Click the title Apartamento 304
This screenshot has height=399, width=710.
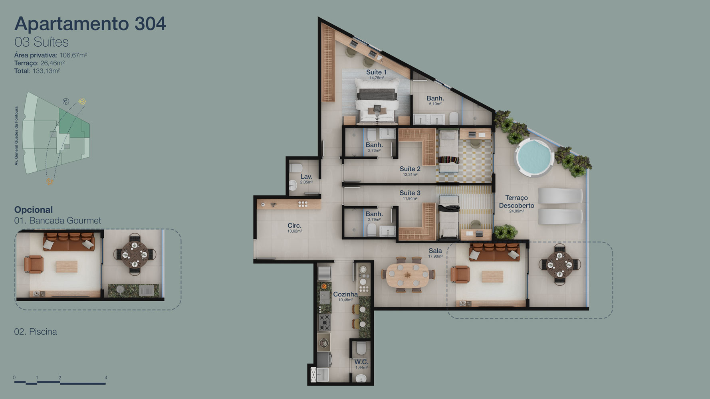tap(90, 24)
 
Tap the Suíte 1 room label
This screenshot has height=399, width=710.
tap(376, 72)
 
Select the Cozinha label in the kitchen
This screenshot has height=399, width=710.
tap(345, 294)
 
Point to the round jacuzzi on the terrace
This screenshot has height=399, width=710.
tap(533, 158)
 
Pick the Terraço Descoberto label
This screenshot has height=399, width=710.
tap(516, 201)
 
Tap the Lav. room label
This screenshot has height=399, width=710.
tap(306, 176)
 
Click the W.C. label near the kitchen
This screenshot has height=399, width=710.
tap(361, 362)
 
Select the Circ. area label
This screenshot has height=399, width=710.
tap(295, 225)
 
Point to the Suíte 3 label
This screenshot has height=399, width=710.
tap(410, 193)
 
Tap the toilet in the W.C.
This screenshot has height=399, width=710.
tap(361, 349)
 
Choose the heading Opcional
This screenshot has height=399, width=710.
tap(34, 209)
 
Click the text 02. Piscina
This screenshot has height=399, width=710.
tap(36, 332)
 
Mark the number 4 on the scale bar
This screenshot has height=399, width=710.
tap(106, 377)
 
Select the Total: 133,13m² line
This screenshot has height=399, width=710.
tap(37, 71)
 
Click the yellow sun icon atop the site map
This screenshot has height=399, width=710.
tap(82, 101)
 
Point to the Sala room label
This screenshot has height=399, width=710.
tap(435, 251)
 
